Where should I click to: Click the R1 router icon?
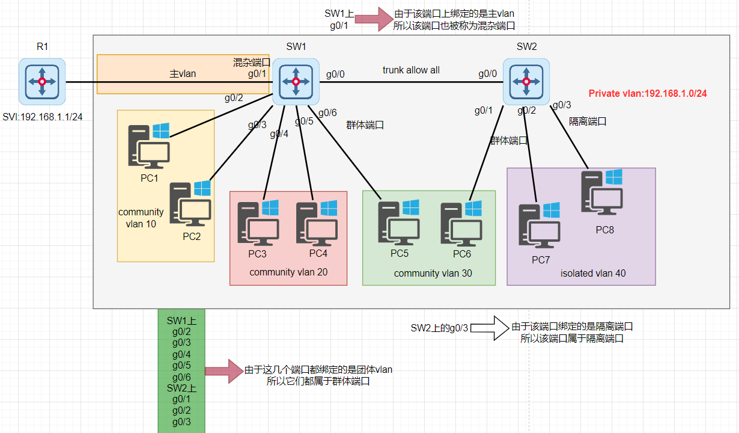(41, 81)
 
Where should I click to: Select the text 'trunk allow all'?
(411, 70)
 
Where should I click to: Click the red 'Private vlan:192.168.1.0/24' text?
(648, 93)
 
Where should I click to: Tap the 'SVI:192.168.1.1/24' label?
(41, 117)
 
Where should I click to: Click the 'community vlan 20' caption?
(288, 272)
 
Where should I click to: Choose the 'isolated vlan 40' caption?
(593, 273)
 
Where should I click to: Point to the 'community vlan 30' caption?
(433, 273)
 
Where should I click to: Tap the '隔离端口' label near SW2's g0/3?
(588, 121)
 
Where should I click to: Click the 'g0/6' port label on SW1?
(327, 112)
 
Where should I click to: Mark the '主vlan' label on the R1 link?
(183, 74)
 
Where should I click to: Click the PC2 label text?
(192, 236)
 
